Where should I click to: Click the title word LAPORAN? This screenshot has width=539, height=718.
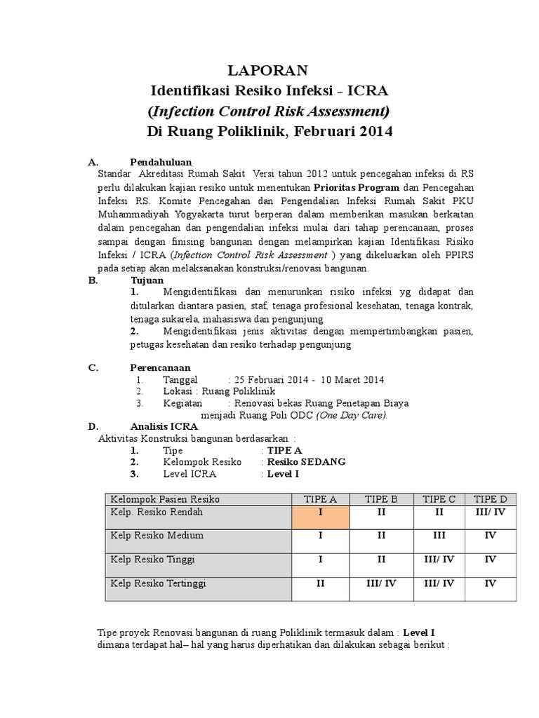(x=269, y=70)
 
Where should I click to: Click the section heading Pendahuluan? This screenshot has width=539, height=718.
(x=161, y=162)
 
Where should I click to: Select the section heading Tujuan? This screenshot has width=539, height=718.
(x=146, y=280)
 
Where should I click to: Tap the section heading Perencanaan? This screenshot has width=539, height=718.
(x=160, y=367)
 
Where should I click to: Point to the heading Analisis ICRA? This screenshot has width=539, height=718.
(x=164, y=426)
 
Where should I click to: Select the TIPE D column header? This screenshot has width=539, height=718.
(x=490, y=499)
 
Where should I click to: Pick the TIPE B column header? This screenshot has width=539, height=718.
(x=381, y=499)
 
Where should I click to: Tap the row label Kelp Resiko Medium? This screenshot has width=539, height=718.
(x=157, y=535)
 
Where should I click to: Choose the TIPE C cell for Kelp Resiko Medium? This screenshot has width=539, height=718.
(x=439, y=535)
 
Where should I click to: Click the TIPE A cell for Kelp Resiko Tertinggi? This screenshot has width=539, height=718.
(x=320, y=583)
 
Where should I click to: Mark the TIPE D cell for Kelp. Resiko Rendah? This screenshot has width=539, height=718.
(x=490, y=512)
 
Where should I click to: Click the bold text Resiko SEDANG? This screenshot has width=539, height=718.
(x=305, y=462)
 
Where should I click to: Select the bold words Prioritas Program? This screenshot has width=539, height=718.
(x=357, y=188)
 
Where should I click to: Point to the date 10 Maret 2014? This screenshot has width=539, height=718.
(x=352, y=380)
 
